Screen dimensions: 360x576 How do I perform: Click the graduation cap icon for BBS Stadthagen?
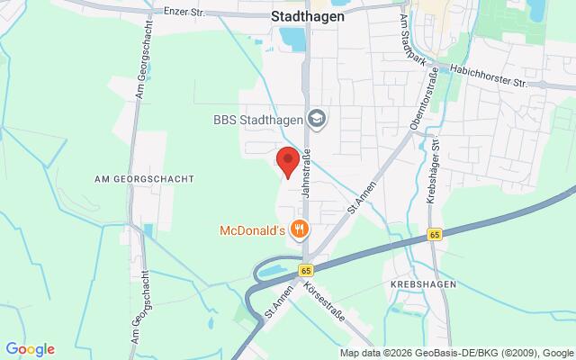[316, 117]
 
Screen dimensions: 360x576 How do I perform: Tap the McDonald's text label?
[253, 230]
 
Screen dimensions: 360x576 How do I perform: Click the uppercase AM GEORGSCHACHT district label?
[144, 179]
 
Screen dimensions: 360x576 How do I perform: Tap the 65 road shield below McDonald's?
[306, 269]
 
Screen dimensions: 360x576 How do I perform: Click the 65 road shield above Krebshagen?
[435, 234]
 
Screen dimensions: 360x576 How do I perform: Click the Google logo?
[30, 349]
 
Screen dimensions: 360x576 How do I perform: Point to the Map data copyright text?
[456, 353]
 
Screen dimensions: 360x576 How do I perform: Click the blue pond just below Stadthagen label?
[292, 39]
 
